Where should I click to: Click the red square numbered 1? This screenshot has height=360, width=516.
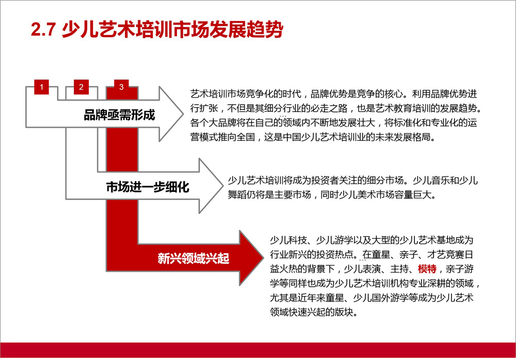41,87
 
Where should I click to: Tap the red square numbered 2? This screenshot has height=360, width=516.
82,87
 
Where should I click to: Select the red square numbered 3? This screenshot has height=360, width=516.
121,87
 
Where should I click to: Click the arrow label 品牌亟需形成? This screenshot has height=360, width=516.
120,115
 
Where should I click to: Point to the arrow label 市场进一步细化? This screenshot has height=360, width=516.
148,187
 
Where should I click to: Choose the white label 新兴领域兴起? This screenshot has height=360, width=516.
193,258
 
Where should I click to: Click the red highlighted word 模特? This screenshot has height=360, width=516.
427,269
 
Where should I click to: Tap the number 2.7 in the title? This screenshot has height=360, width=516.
43,29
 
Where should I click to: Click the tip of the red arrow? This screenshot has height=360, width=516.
263,258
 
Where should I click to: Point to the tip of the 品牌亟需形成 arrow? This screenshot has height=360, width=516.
183,114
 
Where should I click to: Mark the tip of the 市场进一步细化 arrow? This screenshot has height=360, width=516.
223,186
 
